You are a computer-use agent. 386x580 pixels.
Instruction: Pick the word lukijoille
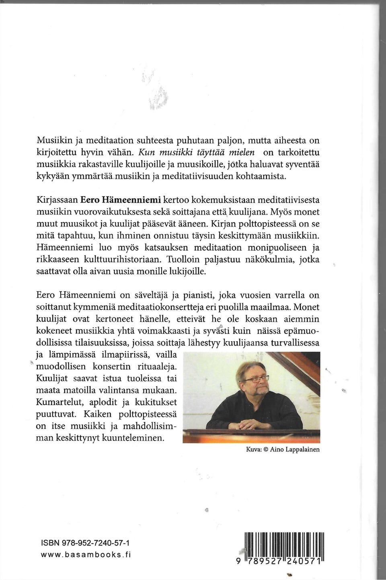[x=183, y=272]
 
